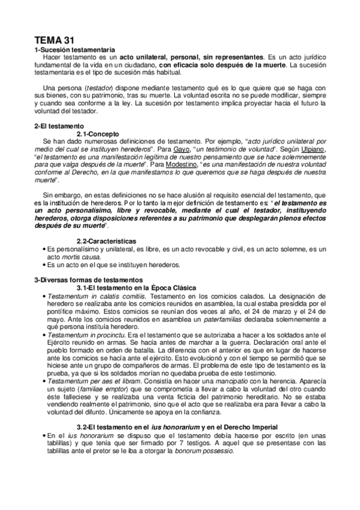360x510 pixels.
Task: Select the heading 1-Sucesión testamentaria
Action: [74, 49]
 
